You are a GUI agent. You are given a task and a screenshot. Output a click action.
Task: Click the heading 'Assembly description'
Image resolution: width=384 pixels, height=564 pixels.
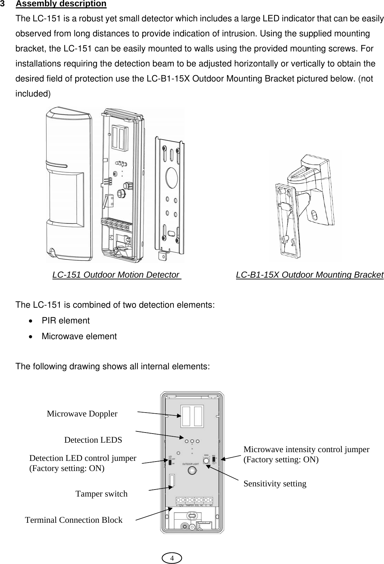[x=61, y=4]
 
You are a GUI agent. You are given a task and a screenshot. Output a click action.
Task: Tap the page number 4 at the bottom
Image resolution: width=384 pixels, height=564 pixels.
[x=172, y=558]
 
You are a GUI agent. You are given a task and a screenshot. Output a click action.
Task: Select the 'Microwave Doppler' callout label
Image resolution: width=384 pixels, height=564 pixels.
[x=82, y=414]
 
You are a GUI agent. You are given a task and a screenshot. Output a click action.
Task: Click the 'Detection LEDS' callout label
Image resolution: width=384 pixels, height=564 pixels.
[x=93, y=440]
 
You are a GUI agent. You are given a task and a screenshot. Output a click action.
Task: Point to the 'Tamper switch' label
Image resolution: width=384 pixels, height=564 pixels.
[x=101, y=494]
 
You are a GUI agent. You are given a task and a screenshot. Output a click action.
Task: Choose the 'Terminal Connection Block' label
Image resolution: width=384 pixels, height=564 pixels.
[x=74, y=520]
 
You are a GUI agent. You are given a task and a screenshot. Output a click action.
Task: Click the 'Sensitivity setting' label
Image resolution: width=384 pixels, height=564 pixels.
[x=275, y=484]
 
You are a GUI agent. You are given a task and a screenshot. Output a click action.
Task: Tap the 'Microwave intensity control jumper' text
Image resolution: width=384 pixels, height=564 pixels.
[x=306, y=450]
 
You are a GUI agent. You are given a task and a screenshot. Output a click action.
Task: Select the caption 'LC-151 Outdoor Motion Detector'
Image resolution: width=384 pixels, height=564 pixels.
[x=115, y=275]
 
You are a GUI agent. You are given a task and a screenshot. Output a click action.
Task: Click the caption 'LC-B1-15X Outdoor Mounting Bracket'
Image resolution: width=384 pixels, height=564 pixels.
[x=310, y=275]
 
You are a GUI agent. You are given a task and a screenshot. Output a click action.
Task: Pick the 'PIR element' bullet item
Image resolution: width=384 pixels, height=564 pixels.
[x=65, y=321]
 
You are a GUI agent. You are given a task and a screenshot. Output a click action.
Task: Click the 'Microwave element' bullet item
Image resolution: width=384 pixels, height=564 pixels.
[x=79, y=336]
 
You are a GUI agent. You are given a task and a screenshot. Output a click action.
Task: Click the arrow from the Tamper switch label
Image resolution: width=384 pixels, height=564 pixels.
[x=160, y=488]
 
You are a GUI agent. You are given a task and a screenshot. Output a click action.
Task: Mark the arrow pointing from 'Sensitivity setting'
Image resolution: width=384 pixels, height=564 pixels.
[x=224, y=472]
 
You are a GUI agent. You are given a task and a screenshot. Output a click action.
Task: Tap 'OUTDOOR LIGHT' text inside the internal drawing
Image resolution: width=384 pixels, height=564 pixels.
[x=192, y=464]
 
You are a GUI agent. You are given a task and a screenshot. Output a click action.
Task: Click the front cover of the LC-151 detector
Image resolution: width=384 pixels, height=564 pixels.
[x=69, y=185]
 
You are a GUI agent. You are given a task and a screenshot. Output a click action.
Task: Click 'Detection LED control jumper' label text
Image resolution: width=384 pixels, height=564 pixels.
[x=83, y=458]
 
